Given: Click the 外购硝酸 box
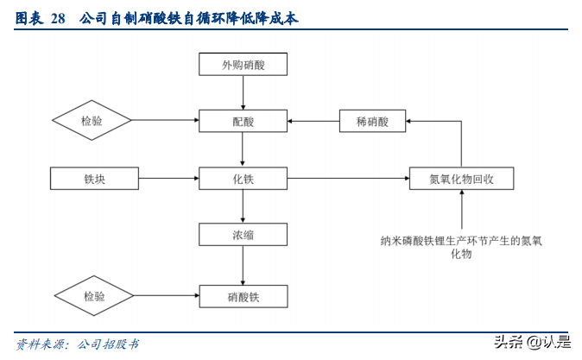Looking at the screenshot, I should point(243,65).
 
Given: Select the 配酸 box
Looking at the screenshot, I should point(243,122).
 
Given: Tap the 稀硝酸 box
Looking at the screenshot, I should point(372,122).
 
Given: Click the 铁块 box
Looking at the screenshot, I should point(95,179).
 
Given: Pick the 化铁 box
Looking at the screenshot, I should point(243,179).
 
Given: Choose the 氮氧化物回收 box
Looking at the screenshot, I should point(461,179).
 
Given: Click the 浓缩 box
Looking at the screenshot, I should point(243,235).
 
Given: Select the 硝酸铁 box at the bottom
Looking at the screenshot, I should point(243,296).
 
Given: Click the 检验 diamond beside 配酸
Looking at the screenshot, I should point(92,122).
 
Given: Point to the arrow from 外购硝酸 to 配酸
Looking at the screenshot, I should point(243,92).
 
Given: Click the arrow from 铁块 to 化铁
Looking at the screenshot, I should point(169,179).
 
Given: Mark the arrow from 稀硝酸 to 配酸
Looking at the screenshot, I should point(313,122).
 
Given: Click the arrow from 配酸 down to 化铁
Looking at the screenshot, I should point(243,150).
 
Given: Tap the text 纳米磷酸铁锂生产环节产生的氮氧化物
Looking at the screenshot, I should point(461,247).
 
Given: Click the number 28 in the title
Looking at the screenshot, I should point(58,17).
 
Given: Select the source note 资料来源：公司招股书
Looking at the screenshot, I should point(78,344).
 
